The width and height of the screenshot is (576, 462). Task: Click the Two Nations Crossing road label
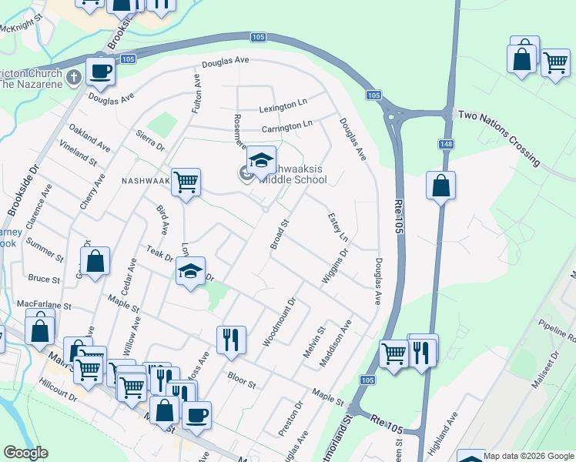coord(499,136)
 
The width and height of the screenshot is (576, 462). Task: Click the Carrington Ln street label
coord(286,124)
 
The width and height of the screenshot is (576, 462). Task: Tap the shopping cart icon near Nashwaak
coord(186,183)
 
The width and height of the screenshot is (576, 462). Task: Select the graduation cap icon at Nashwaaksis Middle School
coord(261,160)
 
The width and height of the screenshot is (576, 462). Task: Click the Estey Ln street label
coord(333,226)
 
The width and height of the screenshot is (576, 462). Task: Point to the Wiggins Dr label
coord(335,265)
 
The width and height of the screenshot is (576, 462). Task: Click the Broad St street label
coord(279,234)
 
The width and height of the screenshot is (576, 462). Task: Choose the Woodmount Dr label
coord(280,322)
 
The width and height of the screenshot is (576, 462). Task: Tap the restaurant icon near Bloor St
coord(231,339)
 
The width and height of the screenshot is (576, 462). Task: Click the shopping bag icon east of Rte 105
coord(440,186)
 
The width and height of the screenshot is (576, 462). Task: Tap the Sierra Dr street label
coord(149,139)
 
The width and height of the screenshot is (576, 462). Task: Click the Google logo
coord(26,454)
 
